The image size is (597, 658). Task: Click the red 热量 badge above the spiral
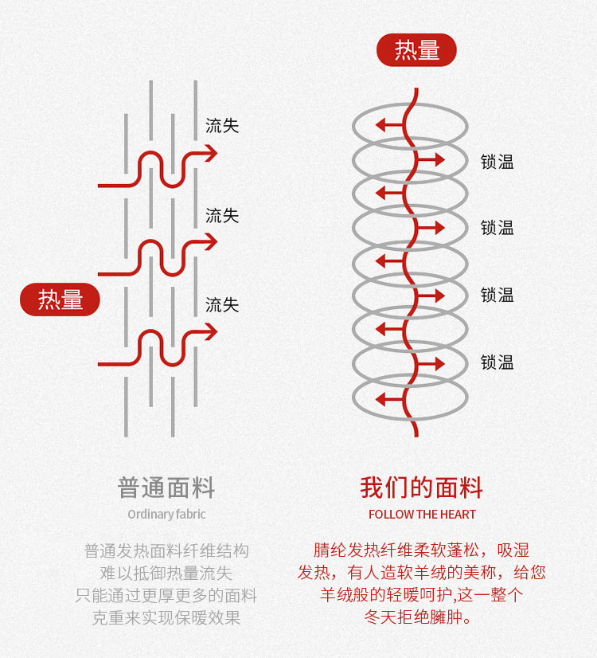(x=416, y=50)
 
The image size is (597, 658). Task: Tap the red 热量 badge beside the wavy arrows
(x=60, y=300)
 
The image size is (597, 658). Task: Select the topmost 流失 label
(x=222, y=126)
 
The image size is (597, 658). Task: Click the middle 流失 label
(x=222, y=216)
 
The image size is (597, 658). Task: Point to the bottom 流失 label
(x=222, y=305)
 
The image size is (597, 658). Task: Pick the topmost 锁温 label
(x=497, y=162)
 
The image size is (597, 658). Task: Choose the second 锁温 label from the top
(x=497, y=229)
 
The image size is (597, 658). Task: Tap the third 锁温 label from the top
(x=497, y=296)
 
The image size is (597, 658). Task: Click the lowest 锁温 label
(x=497, y=362)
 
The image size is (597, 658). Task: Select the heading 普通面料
(x=166, y=488)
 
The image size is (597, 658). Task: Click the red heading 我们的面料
(x=422, y=488)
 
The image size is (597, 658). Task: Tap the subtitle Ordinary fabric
(x=166, y=514)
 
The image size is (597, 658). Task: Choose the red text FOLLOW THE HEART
(x=422, y=514)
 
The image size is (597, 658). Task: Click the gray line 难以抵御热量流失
(x=166, y=573)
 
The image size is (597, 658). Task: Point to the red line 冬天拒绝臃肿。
(x=422, y=617)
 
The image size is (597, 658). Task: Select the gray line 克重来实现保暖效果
(x=166, y=617)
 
